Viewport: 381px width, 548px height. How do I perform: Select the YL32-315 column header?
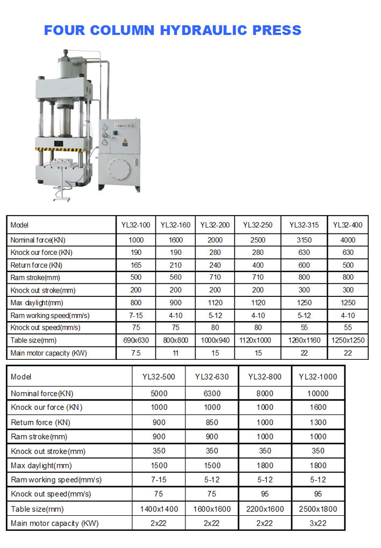point(304,225)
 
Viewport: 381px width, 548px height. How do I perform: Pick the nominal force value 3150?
point(304,240)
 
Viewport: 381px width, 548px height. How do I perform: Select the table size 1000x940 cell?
point(214,340)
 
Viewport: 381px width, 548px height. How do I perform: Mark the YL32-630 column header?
point(212,376)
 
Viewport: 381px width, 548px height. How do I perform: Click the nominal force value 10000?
point(318,393)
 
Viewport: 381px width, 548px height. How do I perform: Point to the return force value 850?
point(212,422)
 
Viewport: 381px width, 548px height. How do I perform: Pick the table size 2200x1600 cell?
point(265,509)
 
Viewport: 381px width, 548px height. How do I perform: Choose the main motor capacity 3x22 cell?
point(318,523)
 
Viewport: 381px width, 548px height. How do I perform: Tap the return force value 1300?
point(318,422)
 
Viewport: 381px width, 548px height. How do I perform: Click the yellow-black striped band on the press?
point(63,149)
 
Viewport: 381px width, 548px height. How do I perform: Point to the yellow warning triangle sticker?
point(125,141)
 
